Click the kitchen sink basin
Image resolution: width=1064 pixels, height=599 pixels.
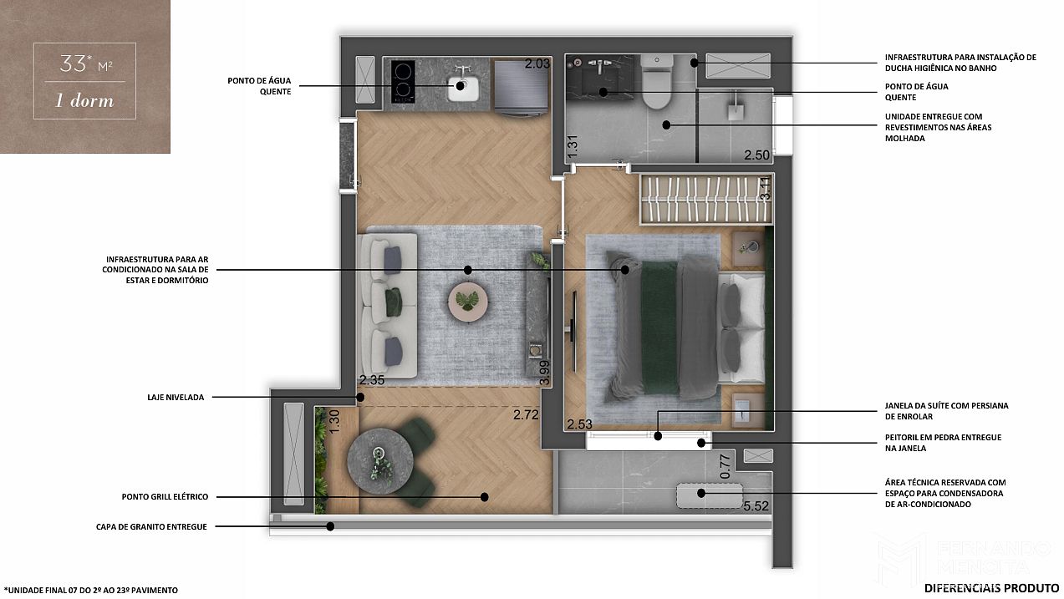pyautogui.click(x=463, y=89)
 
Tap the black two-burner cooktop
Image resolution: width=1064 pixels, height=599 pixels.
pyautogui.click(x=403, y=82)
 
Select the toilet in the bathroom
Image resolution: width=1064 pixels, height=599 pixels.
pyautogui.click(x=657, y=81)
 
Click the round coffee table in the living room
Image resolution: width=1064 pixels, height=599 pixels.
pyautogui.click(x=468, y=302)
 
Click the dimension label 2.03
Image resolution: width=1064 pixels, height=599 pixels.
pyautogui.click(x=537, y=63)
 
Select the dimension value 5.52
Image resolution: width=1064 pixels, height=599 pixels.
pyautogui.click(x=756, y=506)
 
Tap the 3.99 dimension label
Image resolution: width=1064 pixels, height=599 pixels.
pyautogui.click(x=544, y=373)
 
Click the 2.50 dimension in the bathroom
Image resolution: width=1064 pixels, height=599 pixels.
pyautogui.click(x=756, y=155)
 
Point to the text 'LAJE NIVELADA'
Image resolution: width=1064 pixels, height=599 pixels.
pyautogui.click(x=176, y=398)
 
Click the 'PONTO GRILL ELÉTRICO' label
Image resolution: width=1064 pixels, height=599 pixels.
pyautogui.click(x=165, y=496)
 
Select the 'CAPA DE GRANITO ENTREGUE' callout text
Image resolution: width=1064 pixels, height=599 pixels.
pyautogui.click(x=151, y=527)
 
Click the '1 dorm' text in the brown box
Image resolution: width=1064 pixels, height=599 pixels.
pyautogui.click(x=84, y=100)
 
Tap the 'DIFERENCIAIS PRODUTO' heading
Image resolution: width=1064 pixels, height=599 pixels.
pyautogui.click(x=991, y=589)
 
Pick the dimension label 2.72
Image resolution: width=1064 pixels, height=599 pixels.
pyautogui.click(x=526, y=415)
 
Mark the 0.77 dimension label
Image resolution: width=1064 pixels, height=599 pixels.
pyautogui.click(x=725, y=466)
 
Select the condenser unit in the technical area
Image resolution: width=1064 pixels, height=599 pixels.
pyautogui.click(x=710, y=495)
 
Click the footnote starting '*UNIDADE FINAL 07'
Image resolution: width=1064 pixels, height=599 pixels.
pyautogui.click(x=91, y=590)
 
